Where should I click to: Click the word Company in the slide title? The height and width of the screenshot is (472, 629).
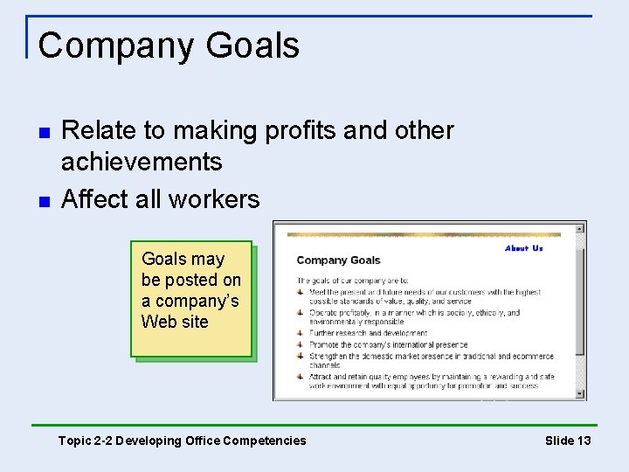pos(112,46)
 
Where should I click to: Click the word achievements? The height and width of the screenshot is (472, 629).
pos(142,162)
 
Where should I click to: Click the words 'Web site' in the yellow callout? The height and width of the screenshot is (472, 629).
pos(175,322)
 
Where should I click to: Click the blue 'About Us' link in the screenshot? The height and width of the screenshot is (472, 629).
pos(523,248)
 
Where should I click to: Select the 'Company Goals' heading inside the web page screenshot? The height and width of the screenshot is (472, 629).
pos(338,260)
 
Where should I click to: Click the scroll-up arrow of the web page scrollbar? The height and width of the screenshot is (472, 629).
pos(579,231)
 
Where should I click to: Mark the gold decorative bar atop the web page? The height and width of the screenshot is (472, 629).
pos(424,234)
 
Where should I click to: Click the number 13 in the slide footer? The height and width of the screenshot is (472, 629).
pos(582,441)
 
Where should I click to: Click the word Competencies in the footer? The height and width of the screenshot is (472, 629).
pos(266,441)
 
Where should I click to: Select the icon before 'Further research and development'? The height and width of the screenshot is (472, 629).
pos(301,333)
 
